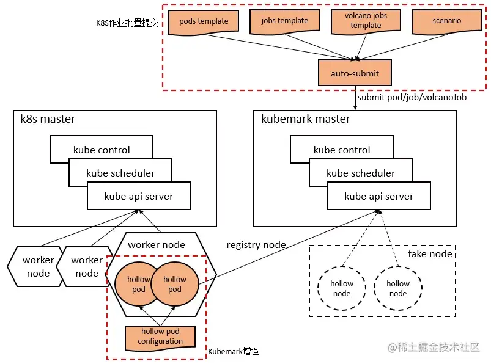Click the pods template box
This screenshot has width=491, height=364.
tap(204, 22)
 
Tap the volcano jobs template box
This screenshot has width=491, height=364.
tap(366, 22)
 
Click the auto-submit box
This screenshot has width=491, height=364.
tap(355, 73)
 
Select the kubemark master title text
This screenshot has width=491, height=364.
tap(306, 119)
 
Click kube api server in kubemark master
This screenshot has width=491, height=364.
tap(378, 197)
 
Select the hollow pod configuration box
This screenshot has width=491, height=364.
tap(160, 337)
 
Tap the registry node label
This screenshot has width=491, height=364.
tap(256, 245)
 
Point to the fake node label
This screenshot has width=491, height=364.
tap(430, 253)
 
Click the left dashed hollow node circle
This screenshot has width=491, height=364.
tap(342, 288)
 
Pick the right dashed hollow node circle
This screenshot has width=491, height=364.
tap(398, 288)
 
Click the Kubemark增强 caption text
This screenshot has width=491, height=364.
tap(234, 352)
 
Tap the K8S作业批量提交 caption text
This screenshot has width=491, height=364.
tap(127, 23)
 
